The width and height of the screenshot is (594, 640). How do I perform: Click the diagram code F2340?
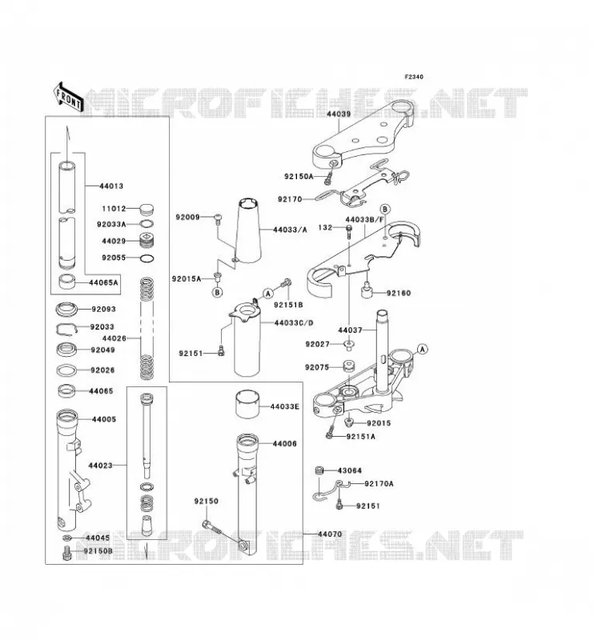(414, 77)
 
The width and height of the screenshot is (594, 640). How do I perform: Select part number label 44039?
(339, 114)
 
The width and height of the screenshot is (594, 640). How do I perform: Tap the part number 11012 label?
(114, 209)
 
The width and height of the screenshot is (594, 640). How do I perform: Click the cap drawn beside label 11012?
(146, 210)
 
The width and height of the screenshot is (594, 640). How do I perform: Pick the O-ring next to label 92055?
(147, 258)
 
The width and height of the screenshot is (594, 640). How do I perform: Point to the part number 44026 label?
(114, 338)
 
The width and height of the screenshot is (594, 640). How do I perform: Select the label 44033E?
(285, 406)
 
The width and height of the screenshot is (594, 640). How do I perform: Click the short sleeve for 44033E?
(247, 405)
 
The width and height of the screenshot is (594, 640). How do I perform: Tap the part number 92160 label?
(399, 293)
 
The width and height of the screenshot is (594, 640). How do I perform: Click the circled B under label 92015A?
(218, 292)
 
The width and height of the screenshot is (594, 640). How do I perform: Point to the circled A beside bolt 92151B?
(268, 293)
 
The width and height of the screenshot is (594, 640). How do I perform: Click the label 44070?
(330, 534)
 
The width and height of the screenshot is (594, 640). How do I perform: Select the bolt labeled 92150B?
(66, 553)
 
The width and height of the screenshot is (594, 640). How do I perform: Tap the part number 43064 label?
(349, 470)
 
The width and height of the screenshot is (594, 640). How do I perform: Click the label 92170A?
(379, 484)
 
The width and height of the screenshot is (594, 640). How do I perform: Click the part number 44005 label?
(104, 419)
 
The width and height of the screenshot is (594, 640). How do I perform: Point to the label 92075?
(317, 367)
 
